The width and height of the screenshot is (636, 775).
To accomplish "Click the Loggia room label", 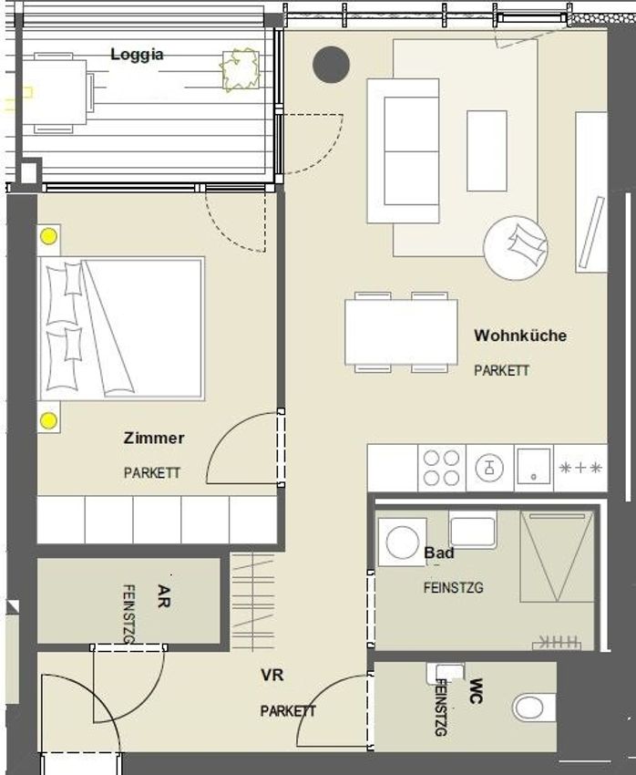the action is click(x=137, y=55).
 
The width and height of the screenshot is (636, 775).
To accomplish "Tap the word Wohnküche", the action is click(x=520, y=336).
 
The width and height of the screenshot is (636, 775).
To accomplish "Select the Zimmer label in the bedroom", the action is click(x=154, y=438).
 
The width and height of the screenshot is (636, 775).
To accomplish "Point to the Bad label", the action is click(x=439, y=553).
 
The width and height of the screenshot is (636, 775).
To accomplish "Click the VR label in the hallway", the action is click(x=272, y=675).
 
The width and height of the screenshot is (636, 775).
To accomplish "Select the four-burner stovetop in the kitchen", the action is click(x=441, y=468).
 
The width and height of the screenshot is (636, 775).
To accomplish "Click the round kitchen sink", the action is click(x=489, y=468).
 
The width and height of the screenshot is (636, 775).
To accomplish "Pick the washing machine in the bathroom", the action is click(x=403, y=542).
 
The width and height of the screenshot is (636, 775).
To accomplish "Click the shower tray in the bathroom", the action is click(x=557, y=556).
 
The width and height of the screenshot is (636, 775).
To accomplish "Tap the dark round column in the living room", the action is click(x=332, y=64).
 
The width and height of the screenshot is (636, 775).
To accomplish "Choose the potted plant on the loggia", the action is click(x=241, y=69).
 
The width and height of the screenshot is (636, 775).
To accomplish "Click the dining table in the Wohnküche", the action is click(x=401, y=332).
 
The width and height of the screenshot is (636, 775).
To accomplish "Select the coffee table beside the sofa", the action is click(x=487, y=150).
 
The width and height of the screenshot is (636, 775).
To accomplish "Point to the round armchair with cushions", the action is click(x=516, y=248).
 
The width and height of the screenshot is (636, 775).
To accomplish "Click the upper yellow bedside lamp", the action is click(x=48, y=237).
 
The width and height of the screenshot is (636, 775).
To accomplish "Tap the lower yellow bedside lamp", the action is click(x=48, y=421).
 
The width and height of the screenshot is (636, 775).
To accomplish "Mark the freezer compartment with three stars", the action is click(x=580, y=468).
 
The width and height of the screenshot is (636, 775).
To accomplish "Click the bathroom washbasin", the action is click(x=473, y=530).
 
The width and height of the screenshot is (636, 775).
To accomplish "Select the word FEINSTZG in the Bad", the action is click(x=453, y=588).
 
